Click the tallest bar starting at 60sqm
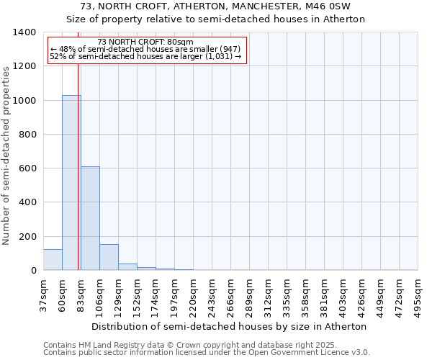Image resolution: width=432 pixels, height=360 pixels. click(71, 183)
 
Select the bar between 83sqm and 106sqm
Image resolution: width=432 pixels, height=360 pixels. click(90, 218)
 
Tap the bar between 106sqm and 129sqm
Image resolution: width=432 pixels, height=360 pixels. click(109, 257)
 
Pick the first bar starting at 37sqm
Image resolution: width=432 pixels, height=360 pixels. click(53, 260)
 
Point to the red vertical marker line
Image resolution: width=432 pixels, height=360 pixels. click(78, 180)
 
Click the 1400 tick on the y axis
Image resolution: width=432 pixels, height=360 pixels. click(25, 32)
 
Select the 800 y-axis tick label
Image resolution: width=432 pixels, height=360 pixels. click(27, 135)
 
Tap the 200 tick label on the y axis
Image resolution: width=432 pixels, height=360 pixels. click(27, 237)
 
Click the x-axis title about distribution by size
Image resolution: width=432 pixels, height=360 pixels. click(230, 326)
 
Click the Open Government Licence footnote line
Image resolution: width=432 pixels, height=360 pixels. click(207, 353)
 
